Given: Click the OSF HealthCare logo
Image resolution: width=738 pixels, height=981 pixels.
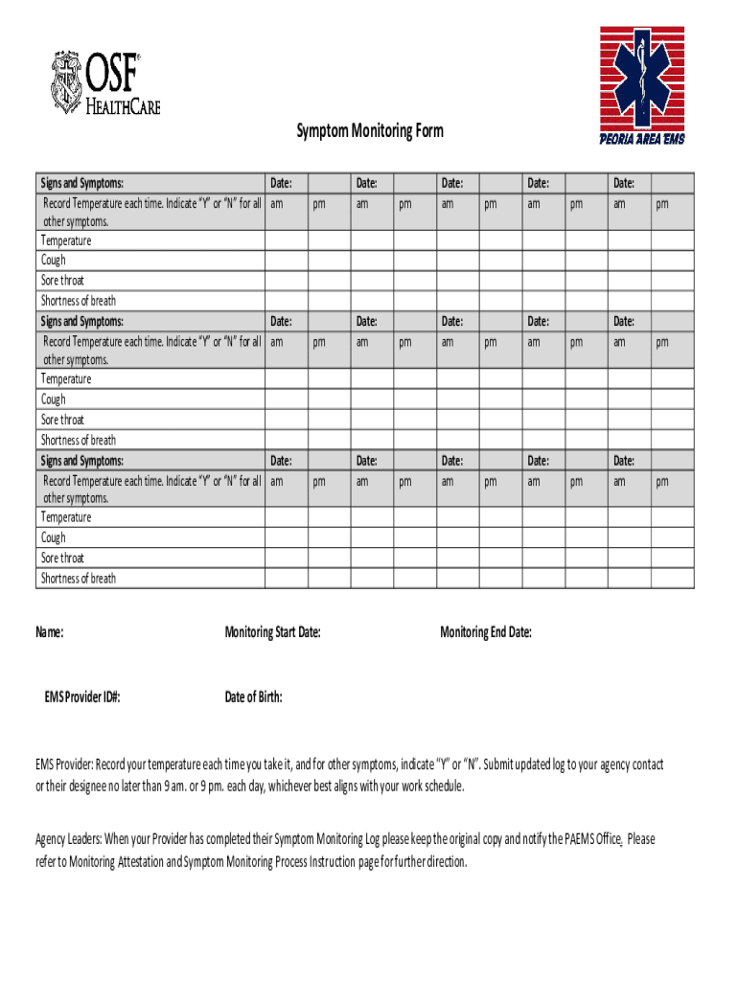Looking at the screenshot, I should click(105, 83).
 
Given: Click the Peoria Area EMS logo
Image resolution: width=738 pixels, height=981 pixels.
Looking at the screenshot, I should click(641, 85).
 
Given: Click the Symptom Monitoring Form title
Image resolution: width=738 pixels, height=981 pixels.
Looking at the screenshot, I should click(369, 130).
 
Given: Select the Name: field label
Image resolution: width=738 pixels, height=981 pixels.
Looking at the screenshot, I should click(50, 632).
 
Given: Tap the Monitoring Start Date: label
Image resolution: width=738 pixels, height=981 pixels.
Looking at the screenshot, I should click(272, 632).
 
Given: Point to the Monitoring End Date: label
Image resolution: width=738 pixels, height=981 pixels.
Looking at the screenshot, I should click(485, 632).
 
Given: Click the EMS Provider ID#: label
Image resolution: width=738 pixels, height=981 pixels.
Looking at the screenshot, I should click(82, 696).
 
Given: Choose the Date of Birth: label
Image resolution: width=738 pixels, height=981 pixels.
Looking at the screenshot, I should click(253, 696).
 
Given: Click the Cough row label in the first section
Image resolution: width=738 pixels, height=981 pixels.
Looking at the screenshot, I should click(54, 260).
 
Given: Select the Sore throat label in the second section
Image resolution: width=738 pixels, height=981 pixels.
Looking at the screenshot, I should click(62, 420).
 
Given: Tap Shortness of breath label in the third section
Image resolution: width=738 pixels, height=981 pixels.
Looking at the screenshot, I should click(78, 578).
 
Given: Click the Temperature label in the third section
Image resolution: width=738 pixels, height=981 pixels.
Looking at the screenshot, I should click(66, 517).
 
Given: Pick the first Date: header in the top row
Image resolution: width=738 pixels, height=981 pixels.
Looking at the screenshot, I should click(282, 182).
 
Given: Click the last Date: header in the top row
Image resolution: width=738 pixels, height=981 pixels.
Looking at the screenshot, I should click(624, 182).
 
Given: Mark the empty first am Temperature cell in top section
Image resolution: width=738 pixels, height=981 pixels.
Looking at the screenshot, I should click(286, 240).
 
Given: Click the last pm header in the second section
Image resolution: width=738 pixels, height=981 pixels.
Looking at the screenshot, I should click(662, 342).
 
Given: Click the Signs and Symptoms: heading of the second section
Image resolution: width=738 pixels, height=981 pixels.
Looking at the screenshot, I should click(81, 321).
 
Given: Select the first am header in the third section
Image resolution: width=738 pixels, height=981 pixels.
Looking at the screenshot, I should click(277, 481).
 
